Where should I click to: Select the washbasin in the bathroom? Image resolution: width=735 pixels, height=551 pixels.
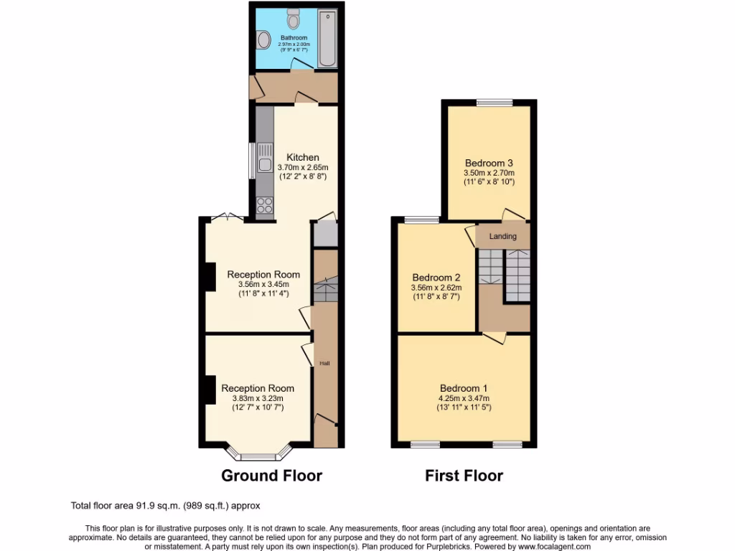(x=263, y=39)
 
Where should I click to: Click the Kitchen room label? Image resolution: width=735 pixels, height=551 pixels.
(x=303, y=158)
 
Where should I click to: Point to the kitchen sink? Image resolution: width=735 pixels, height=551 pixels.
(x=264, y=166)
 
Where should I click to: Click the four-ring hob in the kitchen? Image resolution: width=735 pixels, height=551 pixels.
(x=264, y=205)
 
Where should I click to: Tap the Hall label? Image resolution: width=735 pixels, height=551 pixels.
(x=324, y=364)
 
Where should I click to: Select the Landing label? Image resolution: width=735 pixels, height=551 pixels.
(x=503, y=236)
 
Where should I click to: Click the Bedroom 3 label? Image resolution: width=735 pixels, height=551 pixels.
(x=489, y=163)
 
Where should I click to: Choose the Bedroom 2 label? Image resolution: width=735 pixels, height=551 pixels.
(x=436, y=278)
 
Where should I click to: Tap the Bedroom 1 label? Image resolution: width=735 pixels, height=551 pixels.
(x=463, y=389)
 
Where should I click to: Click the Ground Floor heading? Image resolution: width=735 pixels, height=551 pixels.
(x=271, y=476)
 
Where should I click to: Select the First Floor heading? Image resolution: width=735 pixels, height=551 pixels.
(x=464, y=476)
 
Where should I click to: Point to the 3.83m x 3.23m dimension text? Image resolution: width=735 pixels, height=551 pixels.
(x=258, y=399)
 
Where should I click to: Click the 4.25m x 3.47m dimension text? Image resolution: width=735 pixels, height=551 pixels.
(x=463, y=399)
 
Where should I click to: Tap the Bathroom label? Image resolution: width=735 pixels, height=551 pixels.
(x=294, y=38)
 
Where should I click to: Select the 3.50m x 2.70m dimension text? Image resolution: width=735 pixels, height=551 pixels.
(x=489, y=173)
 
